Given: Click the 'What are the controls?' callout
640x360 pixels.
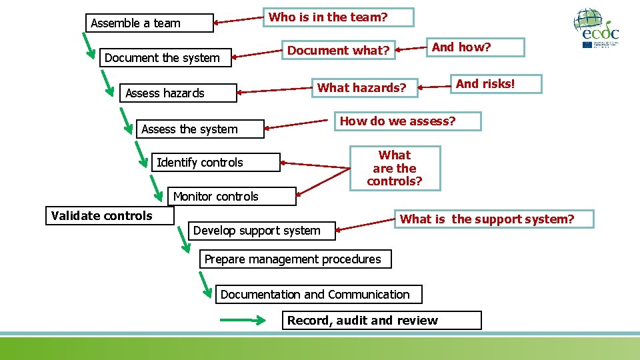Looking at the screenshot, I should (395, 169).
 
